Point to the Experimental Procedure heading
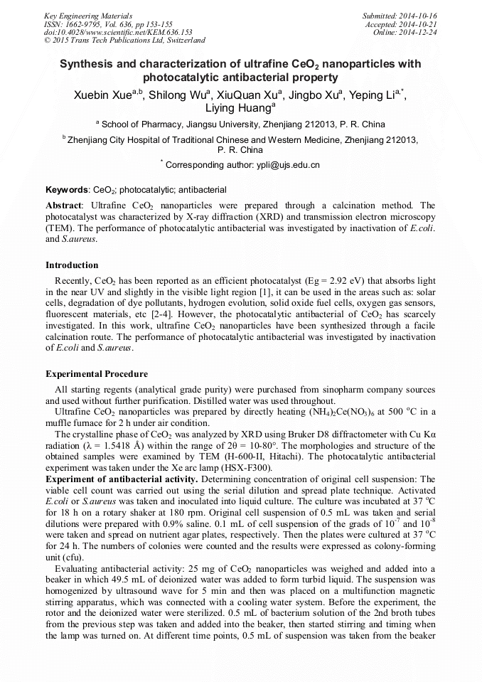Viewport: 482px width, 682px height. [97, 374]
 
